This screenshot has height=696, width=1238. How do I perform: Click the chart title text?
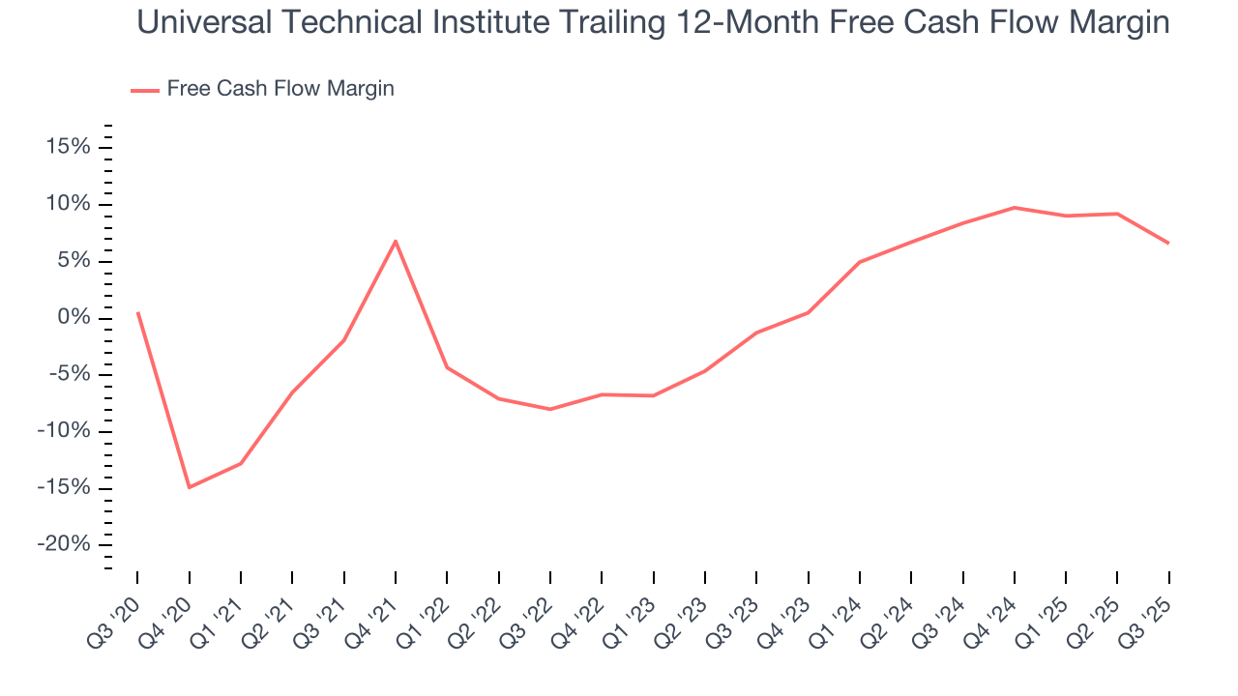point(653,23)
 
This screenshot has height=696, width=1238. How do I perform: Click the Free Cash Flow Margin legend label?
point(280,89)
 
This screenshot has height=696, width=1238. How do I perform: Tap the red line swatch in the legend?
point(145,90)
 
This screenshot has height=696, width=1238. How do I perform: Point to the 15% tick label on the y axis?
point(65,147)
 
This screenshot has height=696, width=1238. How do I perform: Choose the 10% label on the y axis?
point(65,204)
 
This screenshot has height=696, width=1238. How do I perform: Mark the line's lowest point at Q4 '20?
point(189,487)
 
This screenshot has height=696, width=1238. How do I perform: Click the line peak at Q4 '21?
point(396,241)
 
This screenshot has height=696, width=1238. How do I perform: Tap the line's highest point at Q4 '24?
point(1015,207)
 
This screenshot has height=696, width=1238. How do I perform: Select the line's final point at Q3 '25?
point(1168,243)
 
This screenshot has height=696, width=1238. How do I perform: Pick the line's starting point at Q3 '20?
point(137,312)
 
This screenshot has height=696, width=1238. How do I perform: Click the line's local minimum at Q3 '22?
point(550,409)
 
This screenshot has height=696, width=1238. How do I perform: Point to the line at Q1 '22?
point(447,367)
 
